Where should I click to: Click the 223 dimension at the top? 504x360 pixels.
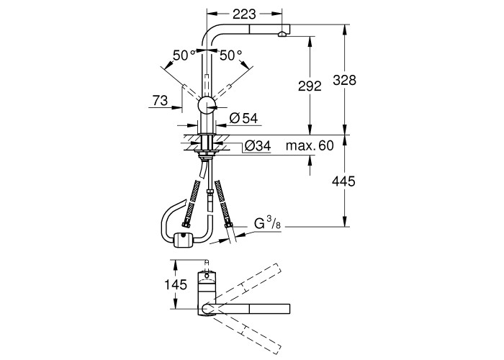(x=244, y=14)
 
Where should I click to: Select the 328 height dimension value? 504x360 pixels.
(x=344, y=80)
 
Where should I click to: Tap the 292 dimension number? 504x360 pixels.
(x=310, y=86)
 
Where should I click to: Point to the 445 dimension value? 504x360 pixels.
(x=343, y=181)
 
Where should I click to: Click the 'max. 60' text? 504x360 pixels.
(x=310, y=145)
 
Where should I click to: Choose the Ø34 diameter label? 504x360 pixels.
(x=258, y=146)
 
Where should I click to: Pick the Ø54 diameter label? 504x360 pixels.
(x=243, y=118)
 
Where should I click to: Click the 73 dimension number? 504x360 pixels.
(x=160, y=101)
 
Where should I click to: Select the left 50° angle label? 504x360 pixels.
(x=184, y=55)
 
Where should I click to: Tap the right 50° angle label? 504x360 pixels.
(x=231, y=55)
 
